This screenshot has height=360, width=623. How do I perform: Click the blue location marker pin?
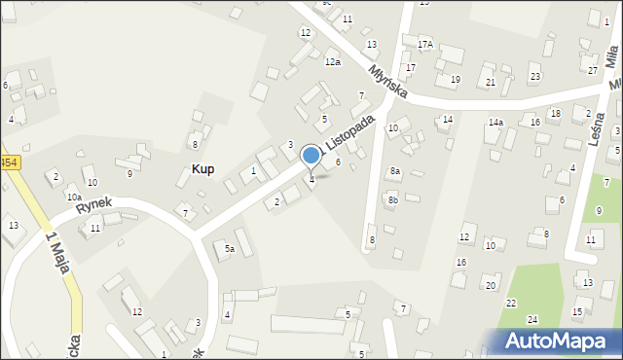pos(311,156)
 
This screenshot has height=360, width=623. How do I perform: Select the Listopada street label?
pos(349,132)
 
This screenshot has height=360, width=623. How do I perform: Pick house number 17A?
pos(425,45)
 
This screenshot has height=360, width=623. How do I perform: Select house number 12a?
pos(333,62)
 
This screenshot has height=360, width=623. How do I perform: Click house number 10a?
pos(74,197)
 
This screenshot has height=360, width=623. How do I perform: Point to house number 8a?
pos(395,170)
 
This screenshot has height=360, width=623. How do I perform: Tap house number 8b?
pos(393,199)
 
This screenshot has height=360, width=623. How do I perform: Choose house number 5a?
pos(230,249)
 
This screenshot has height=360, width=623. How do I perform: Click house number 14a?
pos(495,122)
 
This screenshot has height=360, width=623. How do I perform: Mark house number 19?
pos(455,80)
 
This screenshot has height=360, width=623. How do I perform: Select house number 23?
pos(534,76)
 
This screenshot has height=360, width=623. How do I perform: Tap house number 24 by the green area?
pos(532,319)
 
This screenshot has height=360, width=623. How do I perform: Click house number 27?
pos(593,70)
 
